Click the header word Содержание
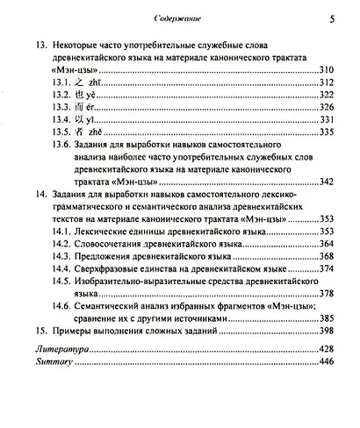coord(178,15)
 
